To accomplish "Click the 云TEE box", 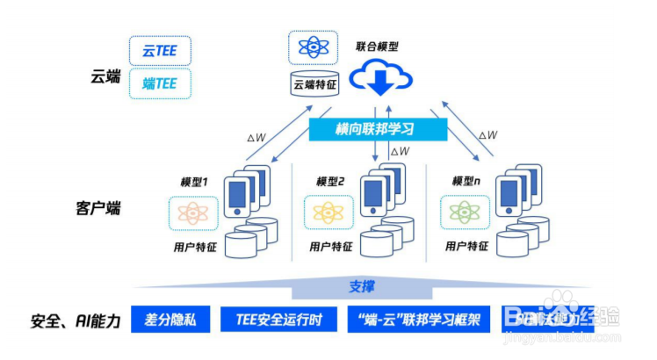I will click(x=160, y=50).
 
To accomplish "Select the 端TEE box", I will click(x=160, y=83).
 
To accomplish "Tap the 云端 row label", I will click(x=104, y=76).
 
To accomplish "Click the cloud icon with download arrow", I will click(x=381, y=79).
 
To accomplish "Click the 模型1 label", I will click(x=193, y=182).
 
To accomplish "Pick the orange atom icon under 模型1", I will click(x=191, y=212).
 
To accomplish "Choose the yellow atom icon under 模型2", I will click(x=327, y=212).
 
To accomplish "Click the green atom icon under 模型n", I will click(x=464, y=212).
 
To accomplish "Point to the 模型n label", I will click(x=466, y=182).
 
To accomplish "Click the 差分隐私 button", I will click(x=170, y=320).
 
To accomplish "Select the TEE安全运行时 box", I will click(x=279, y=320).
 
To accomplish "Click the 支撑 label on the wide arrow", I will click(x=361, y=287).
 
